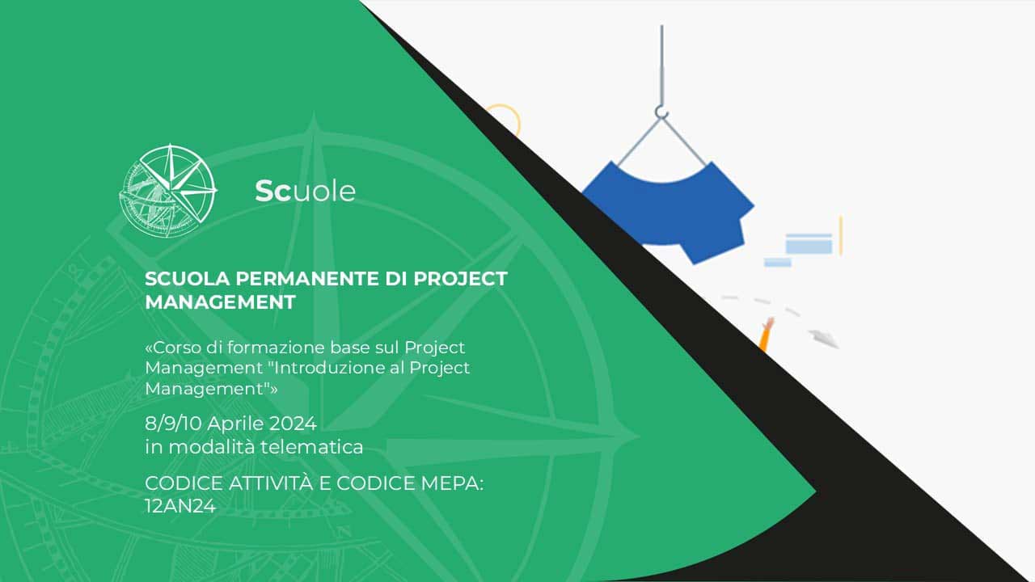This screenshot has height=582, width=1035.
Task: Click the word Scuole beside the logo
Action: tap(306, 191)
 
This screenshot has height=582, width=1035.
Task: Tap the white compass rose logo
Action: tap(168, 190)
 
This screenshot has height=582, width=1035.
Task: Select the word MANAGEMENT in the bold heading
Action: tap(220, 302)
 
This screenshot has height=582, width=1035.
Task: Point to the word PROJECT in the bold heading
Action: tap(460, 279)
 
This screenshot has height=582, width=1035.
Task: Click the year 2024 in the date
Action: tap(293, 424)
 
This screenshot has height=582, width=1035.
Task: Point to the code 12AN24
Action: tap(180, 506)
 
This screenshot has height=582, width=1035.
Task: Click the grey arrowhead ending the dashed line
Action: tap(823, 339)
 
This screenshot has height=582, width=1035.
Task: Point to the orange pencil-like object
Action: tap(765, 335)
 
